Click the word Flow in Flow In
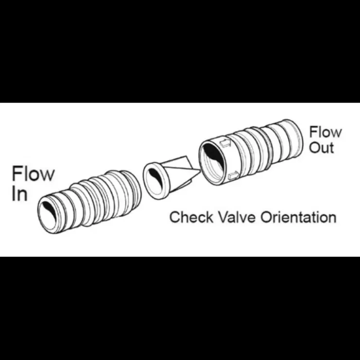[33, 174]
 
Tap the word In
[19, 194]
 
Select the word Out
[322, 147]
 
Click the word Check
[191, 217]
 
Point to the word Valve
[236, 217]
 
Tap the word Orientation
[298, 217]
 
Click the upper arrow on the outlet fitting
[225, 143]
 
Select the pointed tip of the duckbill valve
[200, 171]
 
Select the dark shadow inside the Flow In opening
[49, 209]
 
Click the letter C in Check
[175, 217]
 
